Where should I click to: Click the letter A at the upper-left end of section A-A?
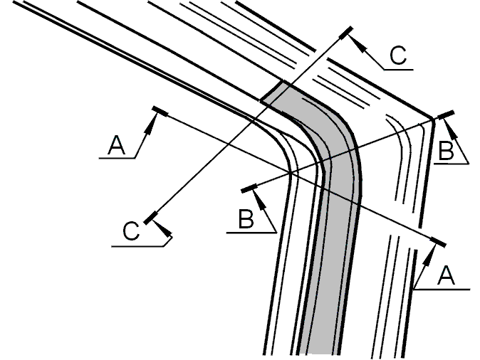pos(117,145)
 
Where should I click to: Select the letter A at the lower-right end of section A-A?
pos(447,275)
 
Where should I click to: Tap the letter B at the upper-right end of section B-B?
pos(446,151)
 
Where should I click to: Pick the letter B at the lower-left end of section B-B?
pos(246,218)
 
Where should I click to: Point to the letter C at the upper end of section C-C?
pos(398,55)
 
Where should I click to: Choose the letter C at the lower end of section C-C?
pos(131,231)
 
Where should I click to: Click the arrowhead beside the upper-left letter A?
pos(150,125)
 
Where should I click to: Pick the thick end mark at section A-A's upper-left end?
pos(160,111)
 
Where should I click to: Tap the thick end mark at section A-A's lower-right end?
pos(438,242)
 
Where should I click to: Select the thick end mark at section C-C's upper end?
pos(346,33)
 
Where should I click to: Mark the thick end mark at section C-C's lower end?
pos(150,218)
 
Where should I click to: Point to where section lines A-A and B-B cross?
pos(291,174)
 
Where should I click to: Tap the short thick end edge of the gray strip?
pos(273,90)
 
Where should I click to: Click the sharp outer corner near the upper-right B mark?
pos(433,119)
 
